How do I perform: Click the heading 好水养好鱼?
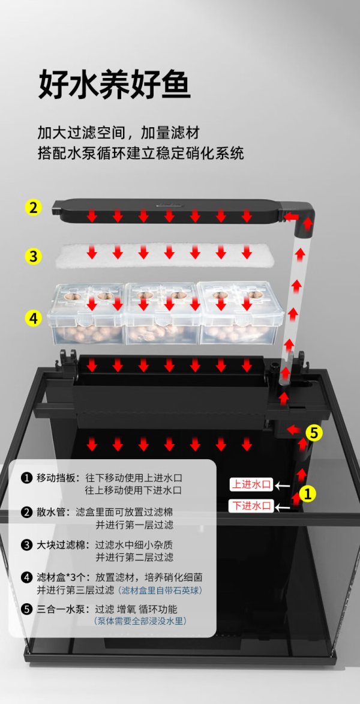(115, 85)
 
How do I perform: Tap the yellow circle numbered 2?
(33, 208)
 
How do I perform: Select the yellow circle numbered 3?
(33, 256)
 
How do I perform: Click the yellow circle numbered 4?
(33, 318)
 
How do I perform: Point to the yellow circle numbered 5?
(314, 433)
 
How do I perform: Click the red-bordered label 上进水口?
(251, 484)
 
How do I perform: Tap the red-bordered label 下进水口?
(251, 506)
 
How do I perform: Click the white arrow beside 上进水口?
(283, 485)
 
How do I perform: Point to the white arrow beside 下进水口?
(283, 507)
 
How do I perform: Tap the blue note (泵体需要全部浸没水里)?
(140, 621)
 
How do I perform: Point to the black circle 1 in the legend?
(26, 478)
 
